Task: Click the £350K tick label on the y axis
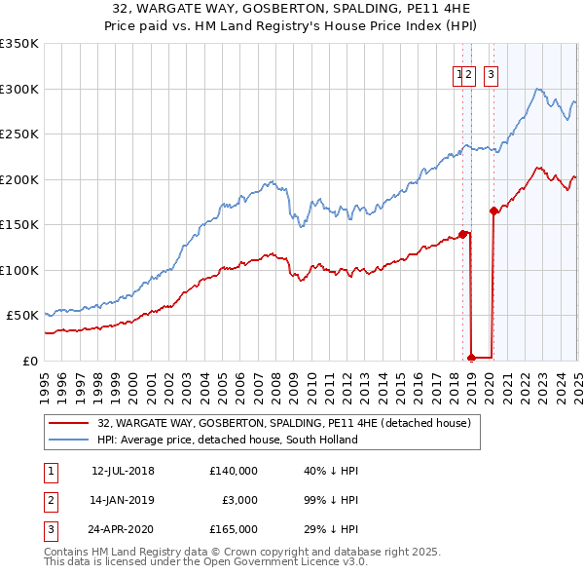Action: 19,44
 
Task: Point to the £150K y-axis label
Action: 19,225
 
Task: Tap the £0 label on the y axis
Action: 30,361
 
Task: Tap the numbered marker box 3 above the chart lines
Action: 491,72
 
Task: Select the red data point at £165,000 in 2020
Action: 493,211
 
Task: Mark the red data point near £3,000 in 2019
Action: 471,358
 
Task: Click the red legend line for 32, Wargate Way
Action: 67,424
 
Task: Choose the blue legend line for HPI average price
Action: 67,440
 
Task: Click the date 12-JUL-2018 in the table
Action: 123,471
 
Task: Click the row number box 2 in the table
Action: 49,500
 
